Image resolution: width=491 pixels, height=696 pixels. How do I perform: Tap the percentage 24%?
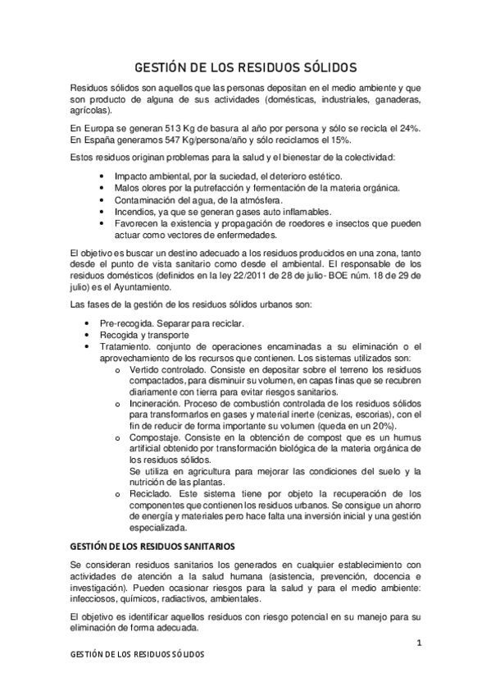pyautogui.click(x=410, y=129)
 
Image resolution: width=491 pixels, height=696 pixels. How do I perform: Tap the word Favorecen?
pyautogui.click(x=138, y=222)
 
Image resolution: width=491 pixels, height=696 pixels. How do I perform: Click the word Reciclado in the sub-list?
pyautogui.click(x=151, y=494)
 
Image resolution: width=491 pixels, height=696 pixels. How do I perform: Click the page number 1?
pyautogui.click(x=418, y=643)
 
